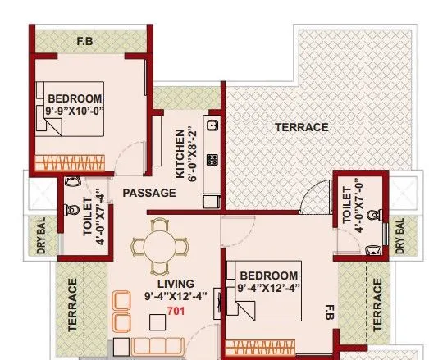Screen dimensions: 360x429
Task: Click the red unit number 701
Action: coord(175,311)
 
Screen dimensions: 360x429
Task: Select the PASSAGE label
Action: coord(148,193)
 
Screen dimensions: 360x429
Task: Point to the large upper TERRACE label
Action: coord(301,128)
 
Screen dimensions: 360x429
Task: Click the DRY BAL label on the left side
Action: coord(41,236)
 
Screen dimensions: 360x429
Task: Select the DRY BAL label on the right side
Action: coord(400,238)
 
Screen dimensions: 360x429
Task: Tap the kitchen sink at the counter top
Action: coord(211,126)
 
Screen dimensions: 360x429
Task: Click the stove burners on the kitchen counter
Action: coord(211,161)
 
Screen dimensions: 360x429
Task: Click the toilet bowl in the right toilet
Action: coord(374,216)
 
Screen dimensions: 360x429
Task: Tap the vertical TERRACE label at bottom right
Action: coord(377,304)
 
